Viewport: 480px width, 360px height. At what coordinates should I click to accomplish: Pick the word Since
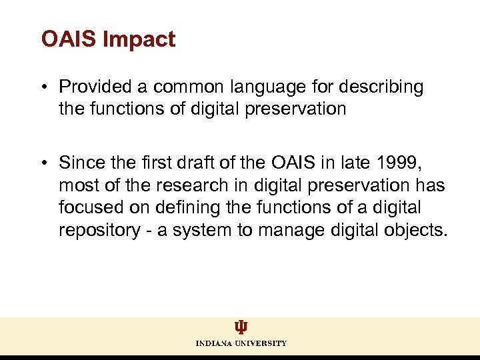pos(79,162)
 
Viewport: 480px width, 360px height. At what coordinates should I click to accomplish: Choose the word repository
pos(95,231)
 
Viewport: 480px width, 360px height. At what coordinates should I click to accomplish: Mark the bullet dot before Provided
pos(45,88)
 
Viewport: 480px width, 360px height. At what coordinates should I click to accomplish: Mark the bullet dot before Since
pos(45,163)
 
